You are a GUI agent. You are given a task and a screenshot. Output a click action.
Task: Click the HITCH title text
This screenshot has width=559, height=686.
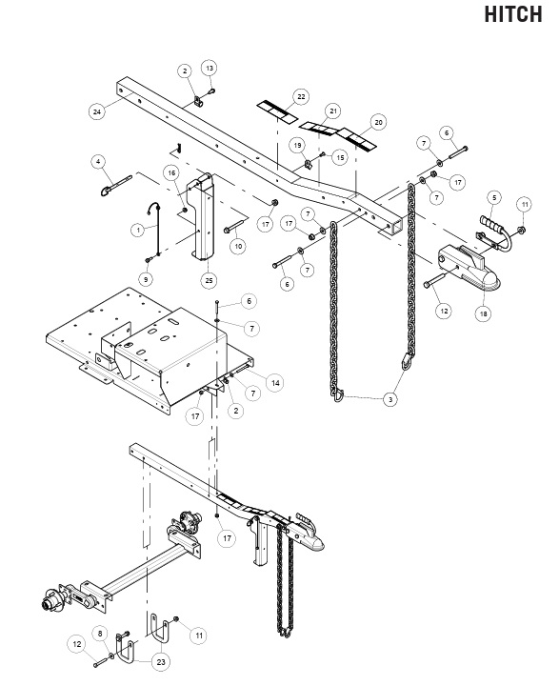tap(512, 14)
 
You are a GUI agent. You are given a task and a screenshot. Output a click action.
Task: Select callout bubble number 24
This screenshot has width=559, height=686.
tap(97, 111)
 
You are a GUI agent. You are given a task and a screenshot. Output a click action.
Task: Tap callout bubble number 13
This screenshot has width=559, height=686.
tap(210, 69)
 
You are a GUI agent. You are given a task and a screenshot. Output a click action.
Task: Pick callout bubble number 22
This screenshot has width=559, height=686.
tap(301, 96)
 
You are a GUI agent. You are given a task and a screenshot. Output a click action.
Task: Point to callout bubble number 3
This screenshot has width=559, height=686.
tap(390, 399)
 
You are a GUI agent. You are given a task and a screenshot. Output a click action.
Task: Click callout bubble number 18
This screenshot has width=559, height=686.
tap(484, 313)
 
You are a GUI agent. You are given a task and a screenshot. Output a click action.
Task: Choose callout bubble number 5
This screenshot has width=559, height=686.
tap(494, 198)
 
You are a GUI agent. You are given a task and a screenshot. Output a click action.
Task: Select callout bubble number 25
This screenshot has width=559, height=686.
tap(210, 280)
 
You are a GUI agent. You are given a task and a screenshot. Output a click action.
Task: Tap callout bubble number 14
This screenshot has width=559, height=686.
tap(275, 383)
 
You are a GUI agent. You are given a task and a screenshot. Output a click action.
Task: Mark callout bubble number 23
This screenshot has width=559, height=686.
tap(161, 662)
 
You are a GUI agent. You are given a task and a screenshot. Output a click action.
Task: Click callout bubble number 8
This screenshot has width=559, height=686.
tap(100, 634)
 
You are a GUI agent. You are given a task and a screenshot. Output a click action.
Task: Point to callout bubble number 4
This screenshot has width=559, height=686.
tap(98, 162)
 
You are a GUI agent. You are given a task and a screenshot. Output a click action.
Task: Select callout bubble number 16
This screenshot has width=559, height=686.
tap(171, 173)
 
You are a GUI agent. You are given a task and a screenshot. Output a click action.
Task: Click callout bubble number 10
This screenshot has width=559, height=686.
tap(238, 247)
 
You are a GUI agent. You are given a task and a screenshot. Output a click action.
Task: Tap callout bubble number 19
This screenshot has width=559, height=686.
tap(297, 145)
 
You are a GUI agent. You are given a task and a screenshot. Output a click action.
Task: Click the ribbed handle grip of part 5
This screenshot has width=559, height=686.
tap(491, 222)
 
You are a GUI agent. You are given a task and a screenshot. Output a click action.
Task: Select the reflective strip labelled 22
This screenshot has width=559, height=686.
tap(277, 111)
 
